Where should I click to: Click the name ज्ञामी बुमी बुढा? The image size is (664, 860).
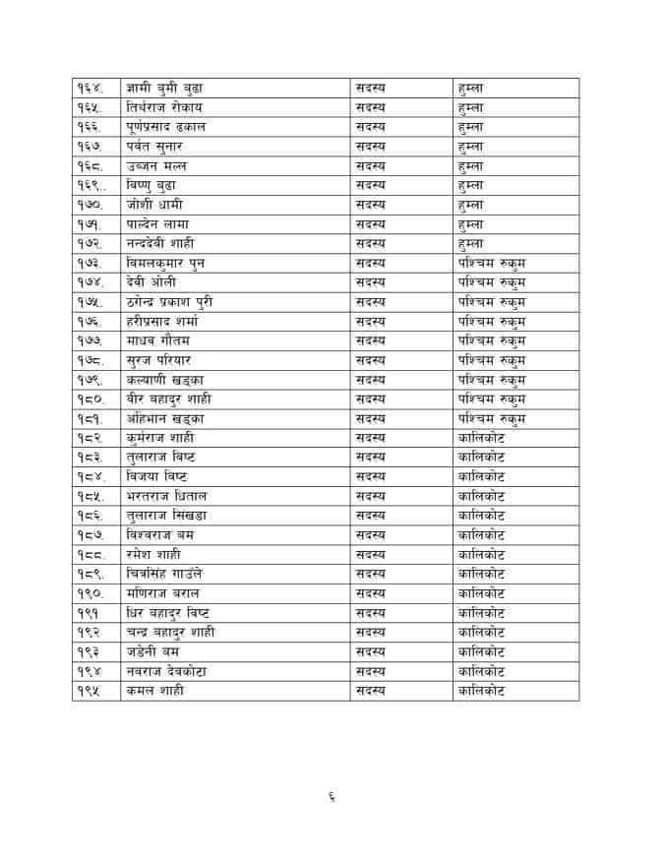coord(164,88)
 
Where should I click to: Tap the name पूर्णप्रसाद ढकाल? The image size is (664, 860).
coord(170,127)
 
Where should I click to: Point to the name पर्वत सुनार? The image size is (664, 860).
coord(158,147)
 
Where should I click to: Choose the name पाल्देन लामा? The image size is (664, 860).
coord(160,223)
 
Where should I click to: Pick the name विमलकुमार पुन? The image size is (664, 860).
coord(166,263)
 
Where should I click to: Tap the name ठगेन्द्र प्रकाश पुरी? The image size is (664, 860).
coord(176,301)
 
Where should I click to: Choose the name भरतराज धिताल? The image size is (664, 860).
coord(166,496)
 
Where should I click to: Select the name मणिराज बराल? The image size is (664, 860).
coord(163,593)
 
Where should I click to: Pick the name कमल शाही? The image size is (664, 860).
coord(154,690)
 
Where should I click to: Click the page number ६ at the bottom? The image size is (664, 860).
coord(332,797)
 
